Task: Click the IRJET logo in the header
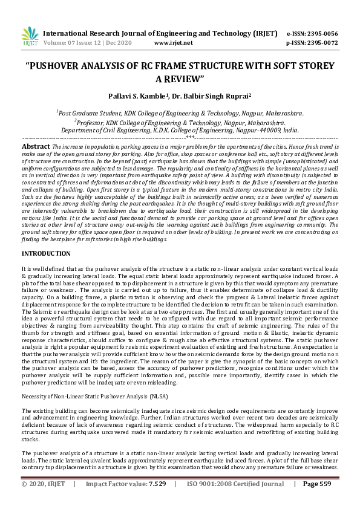(28, 37)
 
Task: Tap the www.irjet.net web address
(173, 43)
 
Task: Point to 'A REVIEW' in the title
(180, 79)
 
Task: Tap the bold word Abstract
(35, 146)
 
